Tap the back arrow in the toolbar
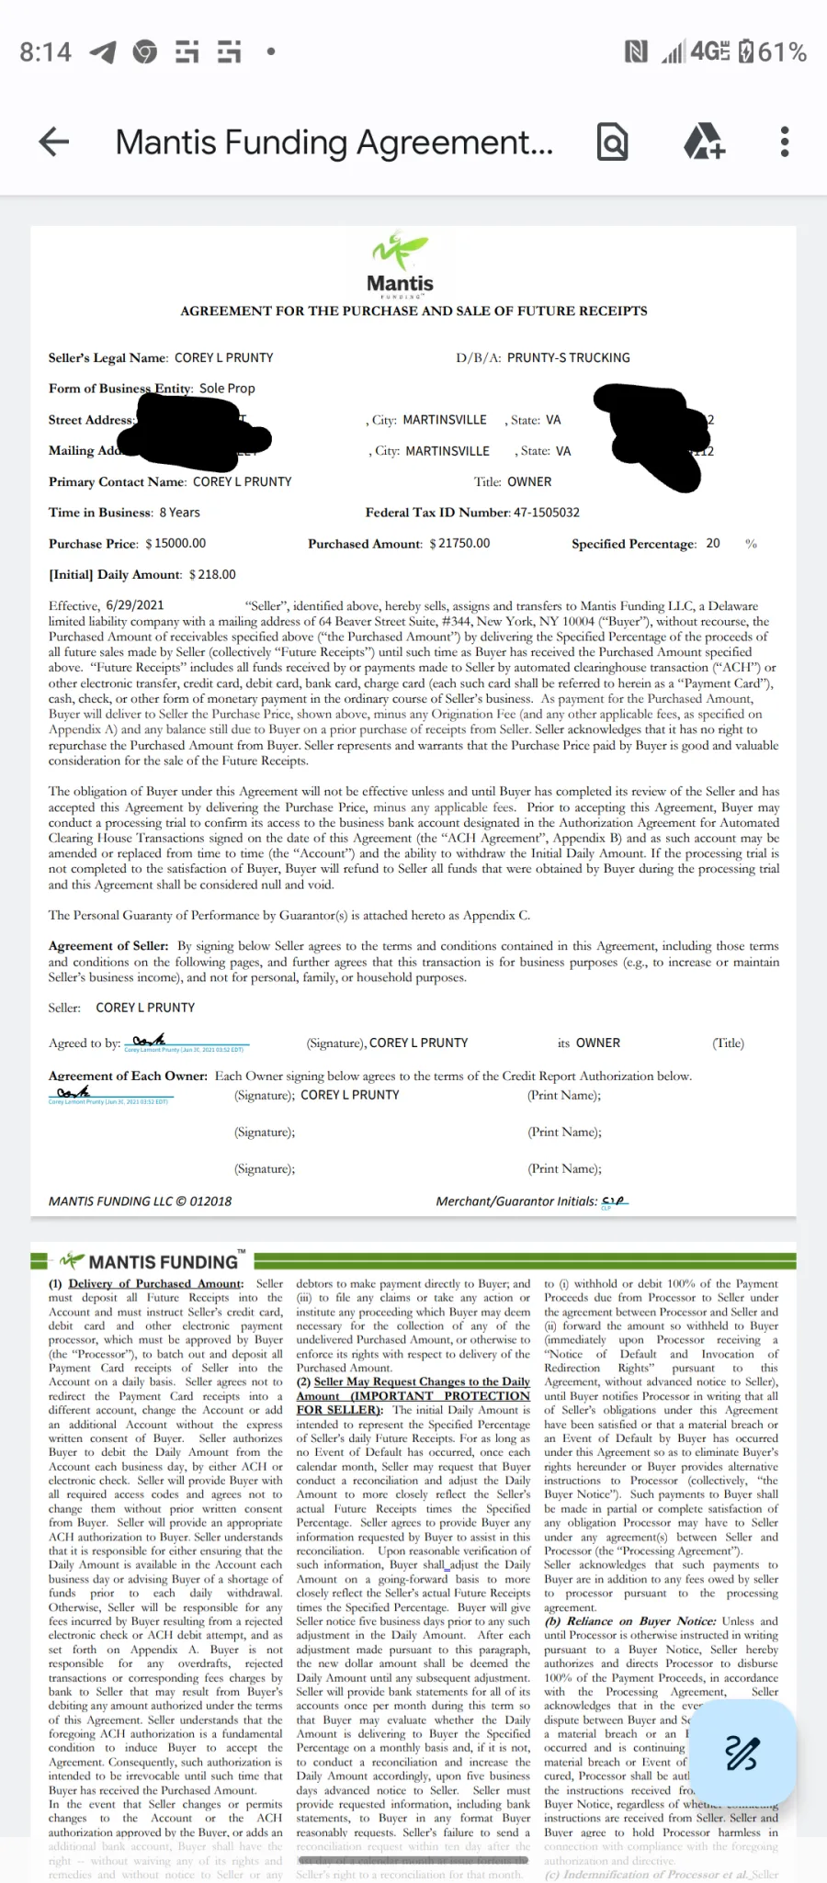click(54, 141)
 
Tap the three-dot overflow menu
click(784, 141)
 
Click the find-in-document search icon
click(612, 141)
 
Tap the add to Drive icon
click(704, 141)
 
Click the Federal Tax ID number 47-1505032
click(546, 513)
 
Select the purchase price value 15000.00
click(180, 544)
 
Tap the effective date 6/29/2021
click(135, 605)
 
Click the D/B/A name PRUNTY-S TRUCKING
click(568, 357)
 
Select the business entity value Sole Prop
click(227, 389)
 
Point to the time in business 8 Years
click(179, 513)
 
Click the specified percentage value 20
click(713, 544)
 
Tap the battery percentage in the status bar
click(782, 52)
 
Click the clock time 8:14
click(45, 52)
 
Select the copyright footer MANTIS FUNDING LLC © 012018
click(140, 1201)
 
